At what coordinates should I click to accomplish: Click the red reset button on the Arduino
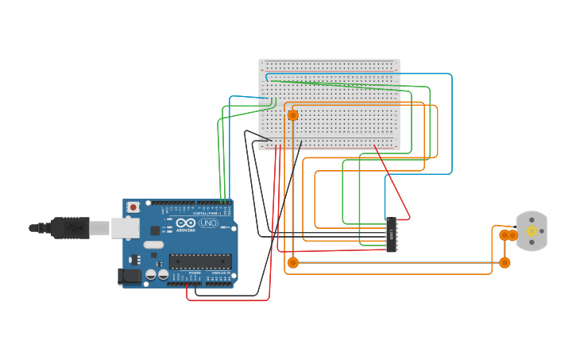133,207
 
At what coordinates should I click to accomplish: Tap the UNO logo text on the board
208,223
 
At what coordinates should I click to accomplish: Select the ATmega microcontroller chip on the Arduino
200,261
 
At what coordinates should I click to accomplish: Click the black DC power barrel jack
128,276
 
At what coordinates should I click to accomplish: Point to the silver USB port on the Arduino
125,228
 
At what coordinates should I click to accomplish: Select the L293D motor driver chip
391,235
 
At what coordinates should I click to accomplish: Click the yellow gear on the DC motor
532,231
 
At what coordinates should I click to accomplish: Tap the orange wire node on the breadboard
292,115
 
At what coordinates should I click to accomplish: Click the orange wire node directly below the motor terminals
504,262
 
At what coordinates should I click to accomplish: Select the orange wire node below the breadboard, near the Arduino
292,262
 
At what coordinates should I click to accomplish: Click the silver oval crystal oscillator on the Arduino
153,245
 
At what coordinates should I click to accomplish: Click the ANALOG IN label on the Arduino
219,273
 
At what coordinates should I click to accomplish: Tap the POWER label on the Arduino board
194,273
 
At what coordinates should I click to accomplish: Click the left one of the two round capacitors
151,274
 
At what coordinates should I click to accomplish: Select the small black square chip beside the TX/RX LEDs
155,230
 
